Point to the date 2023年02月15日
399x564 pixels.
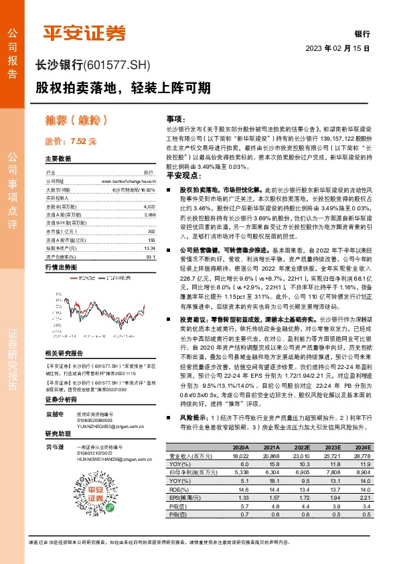338,49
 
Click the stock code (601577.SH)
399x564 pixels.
116,66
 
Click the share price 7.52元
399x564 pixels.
71,141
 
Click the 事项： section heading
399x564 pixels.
175,117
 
